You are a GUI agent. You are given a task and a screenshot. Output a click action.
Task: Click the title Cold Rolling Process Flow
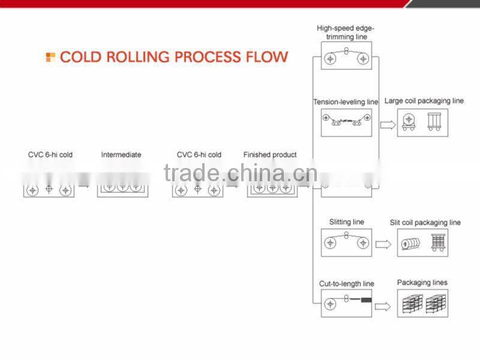pyautogui.click(x=174, y=58)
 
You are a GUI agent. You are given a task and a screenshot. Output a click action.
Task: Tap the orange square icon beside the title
pyautogui.click(x=50, y=58)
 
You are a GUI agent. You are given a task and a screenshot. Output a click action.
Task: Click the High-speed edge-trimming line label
pyautogui.click(x=346, y=32)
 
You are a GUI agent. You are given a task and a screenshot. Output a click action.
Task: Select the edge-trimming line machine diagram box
pyautogui.click(x=346, y=59)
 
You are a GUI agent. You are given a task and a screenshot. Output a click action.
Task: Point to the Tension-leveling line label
pyautogui.click(x=346, y=102)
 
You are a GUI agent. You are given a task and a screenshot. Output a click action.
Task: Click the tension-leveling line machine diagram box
pyautogui.click(x=346, y=122)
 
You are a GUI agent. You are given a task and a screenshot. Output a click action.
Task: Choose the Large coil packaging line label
pyautogui.click(x=424, y=101)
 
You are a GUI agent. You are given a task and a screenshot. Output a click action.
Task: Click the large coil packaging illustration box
pyautogui.click(x=422, y=122)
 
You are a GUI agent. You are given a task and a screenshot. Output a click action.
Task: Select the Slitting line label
pyautogui.click(x=346, y=222)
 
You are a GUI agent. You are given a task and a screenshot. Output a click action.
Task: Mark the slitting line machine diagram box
pyautogui.click(x=346, y=243)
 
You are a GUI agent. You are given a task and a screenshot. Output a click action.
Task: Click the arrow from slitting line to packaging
pyautogui.click(x=383, y=244)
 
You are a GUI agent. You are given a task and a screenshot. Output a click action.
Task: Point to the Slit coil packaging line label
pyautogui.click(x=425, y=223)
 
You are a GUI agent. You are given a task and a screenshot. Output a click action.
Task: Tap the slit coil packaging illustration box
pyautogui.click(x=422, y=243)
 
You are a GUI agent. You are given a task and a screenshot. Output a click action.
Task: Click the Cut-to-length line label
pyautogui.click(x=346, y=284)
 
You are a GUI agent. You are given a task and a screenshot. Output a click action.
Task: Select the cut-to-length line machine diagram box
pyautogui.click(x=346, y=304)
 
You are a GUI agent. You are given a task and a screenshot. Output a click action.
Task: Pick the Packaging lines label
pyautogui.click(x=422, y=283)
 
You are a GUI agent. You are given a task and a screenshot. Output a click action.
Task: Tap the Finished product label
pyautogui.click(x=270, y=155)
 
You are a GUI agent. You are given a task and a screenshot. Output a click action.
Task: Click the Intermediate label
pyautogui.click(x=121, y=155)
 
